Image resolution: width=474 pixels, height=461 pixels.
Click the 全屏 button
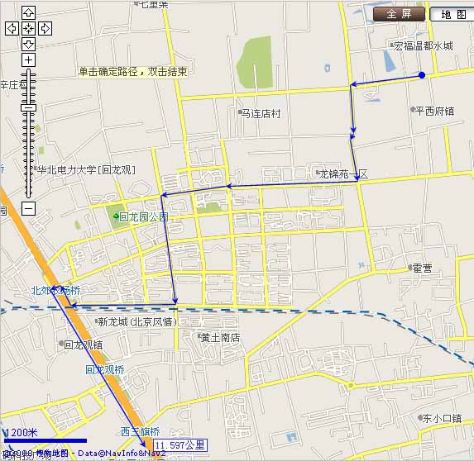(x=399, y=14)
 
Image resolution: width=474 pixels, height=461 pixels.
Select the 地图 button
(x=452, y=14)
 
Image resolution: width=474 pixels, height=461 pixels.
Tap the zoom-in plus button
(x=28, y=60)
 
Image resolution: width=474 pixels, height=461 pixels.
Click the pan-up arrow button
(x=28, y=12)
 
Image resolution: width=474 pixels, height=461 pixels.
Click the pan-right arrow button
(x=45, y=28)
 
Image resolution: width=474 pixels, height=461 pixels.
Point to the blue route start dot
(x=422, y=75)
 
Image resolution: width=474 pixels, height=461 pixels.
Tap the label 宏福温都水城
(x=423, y=46)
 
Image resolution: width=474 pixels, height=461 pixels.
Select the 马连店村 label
(x=261, y=113)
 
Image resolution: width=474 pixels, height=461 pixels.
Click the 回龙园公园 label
(x=143, y=216)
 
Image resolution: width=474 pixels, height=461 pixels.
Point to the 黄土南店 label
(x=220, y=337)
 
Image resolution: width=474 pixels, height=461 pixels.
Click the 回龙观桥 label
(x=104, y=370)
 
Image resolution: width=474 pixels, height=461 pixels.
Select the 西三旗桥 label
(x=140, y=431)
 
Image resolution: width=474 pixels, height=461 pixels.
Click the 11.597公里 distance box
(x=180, y=445)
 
